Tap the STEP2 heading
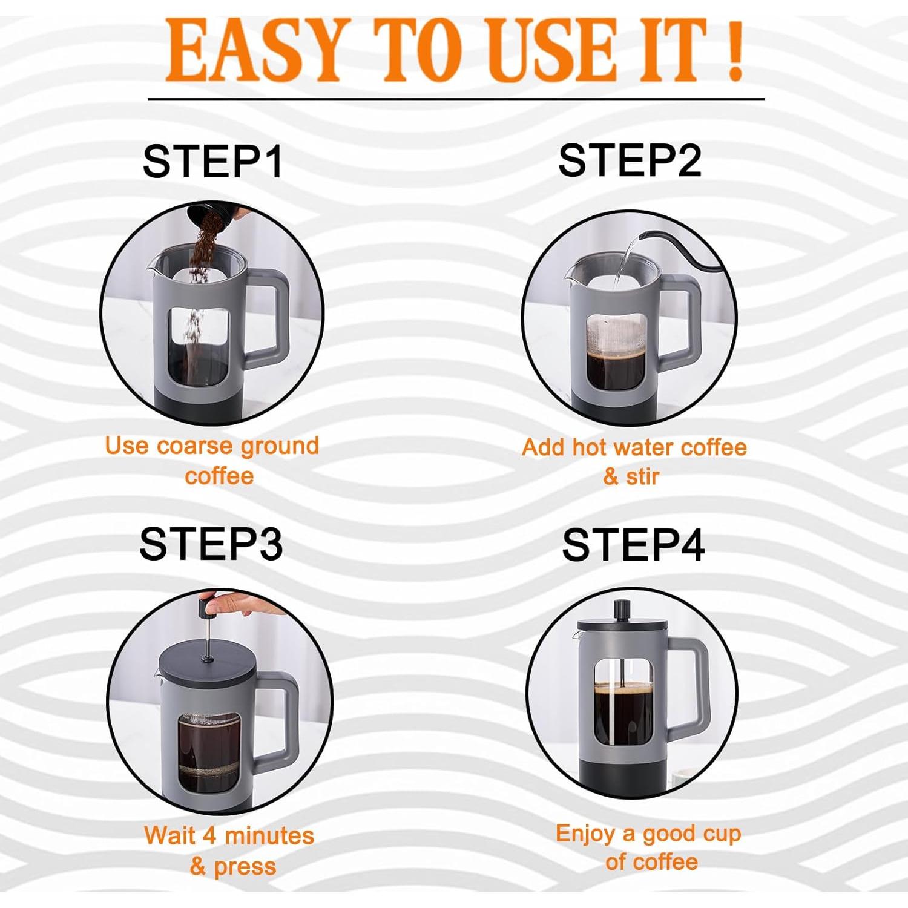coord(630,160)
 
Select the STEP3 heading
coord(211,544)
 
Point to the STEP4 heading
coord(633,545)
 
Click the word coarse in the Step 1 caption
coord(195,446)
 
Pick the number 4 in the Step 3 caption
coord(209,836)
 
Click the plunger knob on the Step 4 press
coord(622,610)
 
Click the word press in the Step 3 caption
coord(245,867)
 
